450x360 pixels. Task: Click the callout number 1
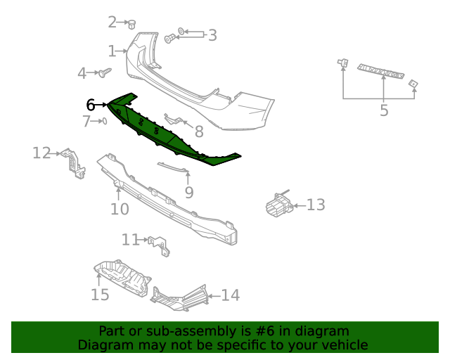(x=112, y=51)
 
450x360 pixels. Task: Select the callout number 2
(x=112, y=22)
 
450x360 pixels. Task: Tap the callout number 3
(x=212, y=34)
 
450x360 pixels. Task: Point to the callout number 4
(x=82, y=72)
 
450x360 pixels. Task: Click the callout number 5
(x=383, y=110)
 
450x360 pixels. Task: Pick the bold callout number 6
(x=91, y=105)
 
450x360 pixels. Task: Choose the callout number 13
(x=316, y=205)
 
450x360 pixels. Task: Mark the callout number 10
(x=120, y=209)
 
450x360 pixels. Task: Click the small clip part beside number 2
(x=131, y=24)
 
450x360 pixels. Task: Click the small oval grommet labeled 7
(x=104, y=122)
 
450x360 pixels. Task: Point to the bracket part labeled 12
(x=73, y=162)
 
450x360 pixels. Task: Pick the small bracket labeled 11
(x=160, y=244)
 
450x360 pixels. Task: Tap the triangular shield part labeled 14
(x=181, y=296)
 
